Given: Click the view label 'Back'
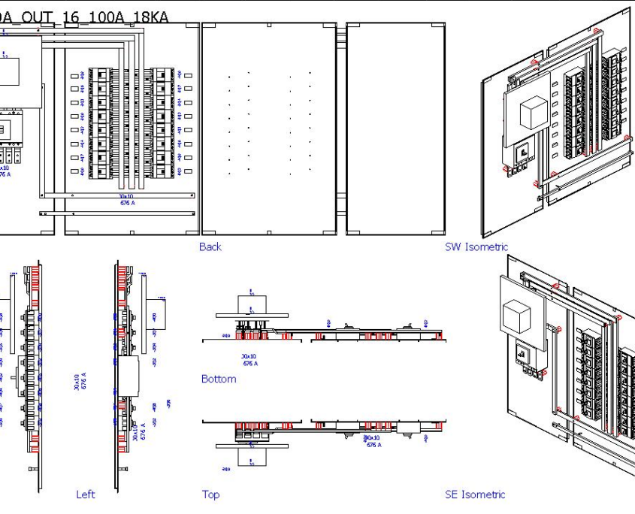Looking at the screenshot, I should click(x=210, y=246).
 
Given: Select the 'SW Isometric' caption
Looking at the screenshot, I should click(x=476, y=246).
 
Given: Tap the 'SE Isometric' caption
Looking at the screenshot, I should click(x=475, y=494).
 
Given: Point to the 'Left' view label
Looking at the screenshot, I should click(x=86, y=494).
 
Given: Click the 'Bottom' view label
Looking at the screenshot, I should click(x=219, y=379).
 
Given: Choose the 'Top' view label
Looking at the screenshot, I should click(x=210, y=494).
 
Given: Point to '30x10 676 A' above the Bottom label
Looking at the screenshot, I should click(x=249, y=360).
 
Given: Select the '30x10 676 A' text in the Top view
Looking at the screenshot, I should click(x=373, y=441).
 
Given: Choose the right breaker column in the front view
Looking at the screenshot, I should click(x=163, y=124).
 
